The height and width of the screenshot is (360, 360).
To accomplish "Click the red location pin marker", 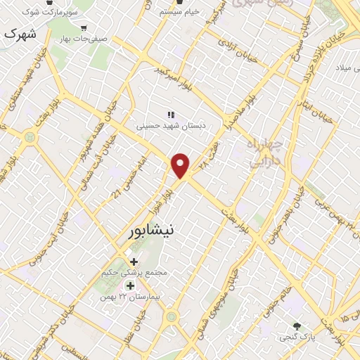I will (x=181, y=165).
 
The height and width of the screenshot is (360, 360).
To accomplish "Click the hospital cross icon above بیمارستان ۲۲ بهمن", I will (x=129, y=285).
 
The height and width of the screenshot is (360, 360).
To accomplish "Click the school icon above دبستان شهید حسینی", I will (x=169, y=114).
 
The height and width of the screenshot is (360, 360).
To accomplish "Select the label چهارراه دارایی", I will (x=265, y=153).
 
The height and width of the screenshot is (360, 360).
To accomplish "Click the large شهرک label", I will (x=19, y=34).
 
